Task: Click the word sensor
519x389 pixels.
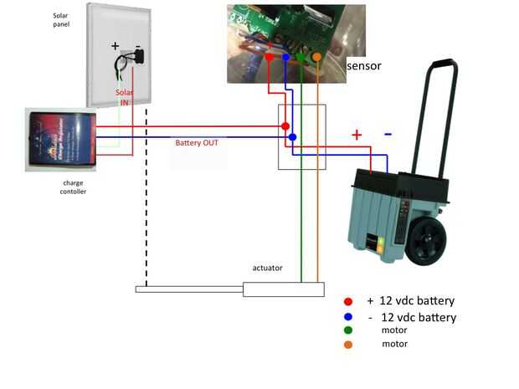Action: coord(364,64)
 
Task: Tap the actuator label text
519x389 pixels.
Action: coord(267,268)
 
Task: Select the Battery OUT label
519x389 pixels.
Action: coord(197,143)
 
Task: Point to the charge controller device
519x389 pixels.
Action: coord(61,140)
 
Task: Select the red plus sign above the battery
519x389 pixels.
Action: coord(357,134)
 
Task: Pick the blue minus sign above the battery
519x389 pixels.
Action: coord(388,134)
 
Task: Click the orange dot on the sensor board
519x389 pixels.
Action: coord(317,57)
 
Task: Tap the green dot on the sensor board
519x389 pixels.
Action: coord(301,57)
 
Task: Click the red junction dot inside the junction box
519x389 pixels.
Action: coord(285,127)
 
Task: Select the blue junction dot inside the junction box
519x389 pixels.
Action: coord(292,136)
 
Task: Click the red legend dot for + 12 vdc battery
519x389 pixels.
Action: coord(348,301)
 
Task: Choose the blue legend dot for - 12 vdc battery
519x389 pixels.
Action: coord(348,317)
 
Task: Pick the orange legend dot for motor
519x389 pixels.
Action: coord(348,344)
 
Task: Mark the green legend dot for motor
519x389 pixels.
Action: coord(348,330)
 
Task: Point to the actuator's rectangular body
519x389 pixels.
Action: coord(283,289)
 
